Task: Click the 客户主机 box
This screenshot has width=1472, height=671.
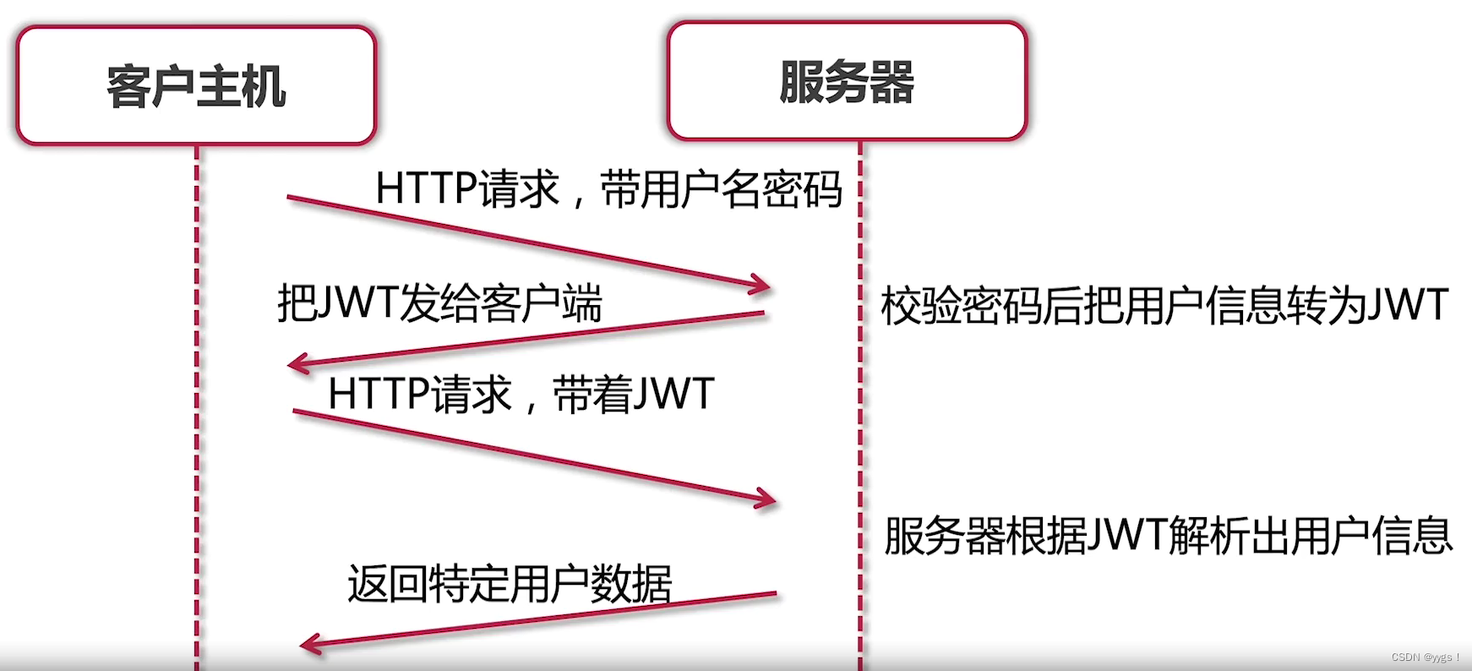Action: (196, 85)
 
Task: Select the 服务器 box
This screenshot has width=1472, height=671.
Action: (847, 81)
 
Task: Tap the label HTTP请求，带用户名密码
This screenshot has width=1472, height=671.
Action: (608, 188)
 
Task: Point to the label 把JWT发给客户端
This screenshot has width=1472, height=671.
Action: (439, 303)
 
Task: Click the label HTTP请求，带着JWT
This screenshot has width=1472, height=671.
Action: (521, 394)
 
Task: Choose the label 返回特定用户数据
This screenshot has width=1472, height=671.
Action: (510, 583)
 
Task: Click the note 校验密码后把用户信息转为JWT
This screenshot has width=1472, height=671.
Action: (1164, 305)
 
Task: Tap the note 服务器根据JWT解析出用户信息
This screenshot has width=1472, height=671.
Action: (1168, 535)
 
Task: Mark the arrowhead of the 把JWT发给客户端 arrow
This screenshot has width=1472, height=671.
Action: (296, 364)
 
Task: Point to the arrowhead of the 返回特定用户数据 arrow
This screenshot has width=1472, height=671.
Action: (308, 645)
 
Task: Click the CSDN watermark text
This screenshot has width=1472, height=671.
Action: (1426, 657)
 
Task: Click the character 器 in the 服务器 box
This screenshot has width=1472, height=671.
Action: (892, 81)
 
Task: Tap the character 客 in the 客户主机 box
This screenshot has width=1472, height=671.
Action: (128, 86)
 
